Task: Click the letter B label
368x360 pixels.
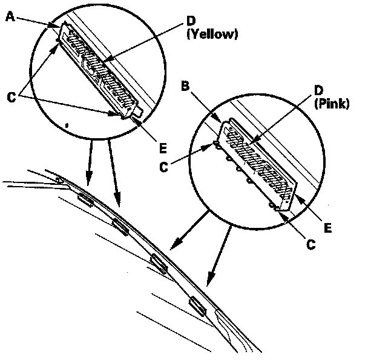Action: (186, 87)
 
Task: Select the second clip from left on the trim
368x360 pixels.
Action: (120, 227)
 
